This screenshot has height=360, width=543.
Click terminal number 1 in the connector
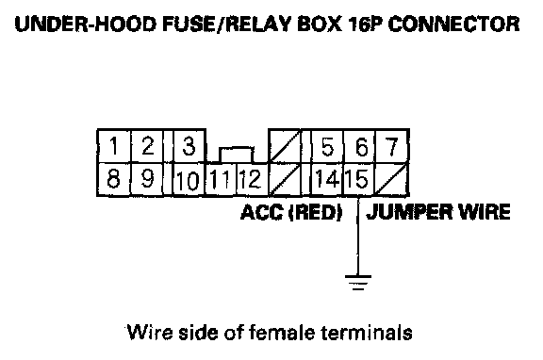point(113,146)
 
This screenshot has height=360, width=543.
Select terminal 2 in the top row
point(147,146)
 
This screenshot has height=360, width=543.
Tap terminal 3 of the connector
point(189,146)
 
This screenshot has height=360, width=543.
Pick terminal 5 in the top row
point(327,146)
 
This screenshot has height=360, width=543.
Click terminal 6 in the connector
point(360,146)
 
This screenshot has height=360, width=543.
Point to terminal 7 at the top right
point(392,146)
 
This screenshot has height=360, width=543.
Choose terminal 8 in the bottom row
point(113,179)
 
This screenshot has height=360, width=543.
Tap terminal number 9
point(147,179)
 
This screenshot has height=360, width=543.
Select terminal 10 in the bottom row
point(189,180)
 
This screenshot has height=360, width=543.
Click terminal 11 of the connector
point(221,180)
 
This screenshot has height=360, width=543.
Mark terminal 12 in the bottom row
point(252,180)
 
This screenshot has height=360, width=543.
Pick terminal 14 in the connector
point(327,180)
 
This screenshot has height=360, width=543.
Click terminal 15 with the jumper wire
point(359,180)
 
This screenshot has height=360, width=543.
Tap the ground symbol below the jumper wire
point(358,283)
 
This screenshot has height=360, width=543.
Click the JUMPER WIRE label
point(438,212)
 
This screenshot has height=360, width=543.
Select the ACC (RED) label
point(291,212)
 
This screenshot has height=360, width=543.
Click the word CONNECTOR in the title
point(454,24)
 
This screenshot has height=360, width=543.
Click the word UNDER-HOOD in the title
point(86,24)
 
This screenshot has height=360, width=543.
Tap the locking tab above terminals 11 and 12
point(237,155)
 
